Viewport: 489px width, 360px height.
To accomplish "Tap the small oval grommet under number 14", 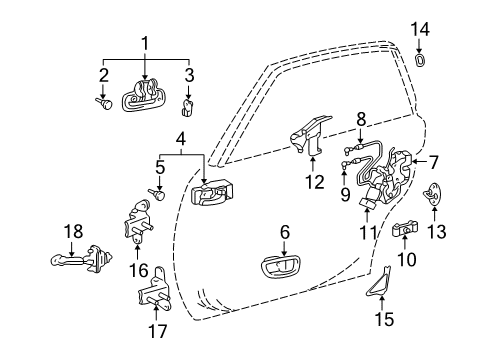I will tap(420, 61).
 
